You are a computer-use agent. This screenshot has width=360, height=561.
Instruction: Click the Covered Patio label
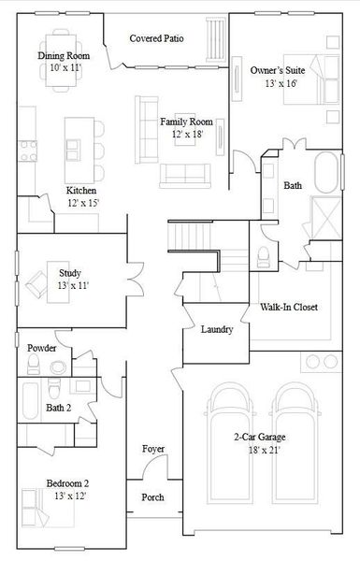click(156, 39)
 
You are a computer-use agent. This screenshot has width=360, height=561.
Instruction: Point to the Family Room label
click(186, 122)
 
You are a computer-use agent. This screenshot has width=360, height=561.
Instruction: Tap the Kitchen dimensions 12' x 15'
click(82, 202)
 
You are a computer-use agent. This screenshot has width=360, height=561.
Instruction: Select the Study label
click(70, 272)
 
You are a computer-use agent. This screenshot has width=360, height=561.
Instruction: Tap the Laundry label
click(217, 329)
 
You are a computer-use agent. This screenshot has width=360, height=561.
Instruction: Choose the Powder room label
click(42, 348)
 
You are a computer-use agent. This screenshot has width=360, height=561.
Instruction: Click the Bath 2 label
click(60, 408)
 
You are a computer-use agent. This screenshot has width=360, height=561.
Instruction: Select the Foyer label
click(153, 450)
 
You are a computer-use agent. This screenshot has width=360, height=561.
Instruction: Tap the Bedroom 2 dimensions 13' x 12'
click(68, 495)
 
